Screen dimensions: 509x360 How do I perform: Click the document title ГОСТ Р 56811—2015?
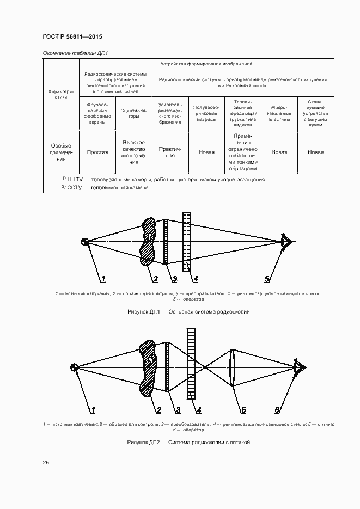[x=72, y=37]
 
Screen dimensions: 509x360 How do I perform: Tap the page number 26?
[x=46, y=462]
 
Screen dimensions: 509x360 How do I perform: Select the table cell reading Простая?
[x=97, y=152]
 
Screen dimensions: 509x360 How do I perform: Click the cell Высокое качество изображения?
[x=134, y=152]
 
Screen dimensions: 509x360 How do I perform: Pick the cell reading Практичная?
[x=170, y=152]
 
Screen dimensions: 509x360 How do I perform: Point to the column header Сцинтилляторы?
[x=134, y=113]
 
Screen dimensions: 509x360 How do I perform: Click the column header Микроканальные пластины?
[x=279, y=113]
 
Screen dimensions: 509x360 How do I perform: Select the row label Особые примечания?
[x=61, y=152]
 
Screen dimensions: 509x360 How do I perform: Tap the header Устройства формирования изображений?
[x=206, y=64]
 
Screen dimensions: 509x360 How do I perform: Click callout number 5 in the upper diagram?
[x=267, y=279]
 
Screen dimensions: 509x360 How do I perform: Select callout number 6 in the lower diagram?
[x=277, y=410]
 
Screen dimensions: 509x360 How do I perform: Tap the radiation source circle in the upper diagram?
[x=85, y=242]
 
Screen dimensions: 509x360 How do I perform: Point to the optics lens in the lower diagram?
[x=233, y=367]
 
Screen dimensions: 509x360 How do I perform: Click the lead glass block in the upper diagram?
[x=187, y=241]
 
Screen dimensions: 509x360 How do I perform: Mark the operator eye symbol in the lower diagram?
[x=298, y=367]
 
